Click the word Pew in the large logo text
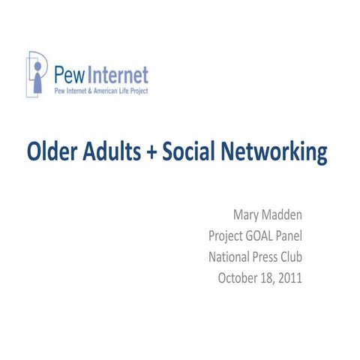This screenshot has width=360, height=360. point(69,75)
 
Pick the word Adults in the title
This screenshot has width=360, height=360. point(115,152)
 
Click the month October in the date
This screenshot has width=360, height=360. point(240,277)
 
